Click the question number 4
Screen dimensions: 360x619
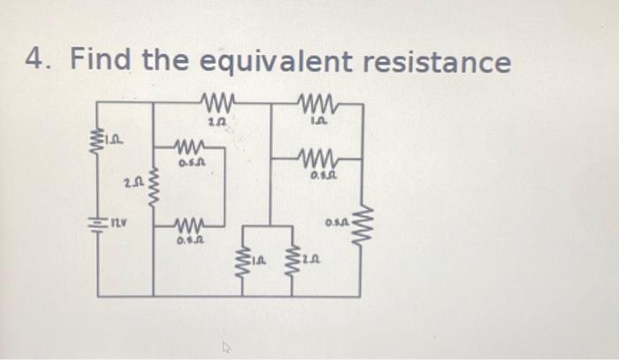pyautogui.click(x=37, y=62)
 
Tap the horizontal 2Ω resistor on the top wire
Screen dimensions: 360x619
pyautogui.click(x=216, y=99)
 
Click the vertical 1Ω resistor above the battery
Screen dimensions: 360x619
pyautogui.click(x=96, y=140)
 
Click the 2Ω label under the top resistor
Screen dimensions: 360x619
pyautogui.click(x=217, y=120)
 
